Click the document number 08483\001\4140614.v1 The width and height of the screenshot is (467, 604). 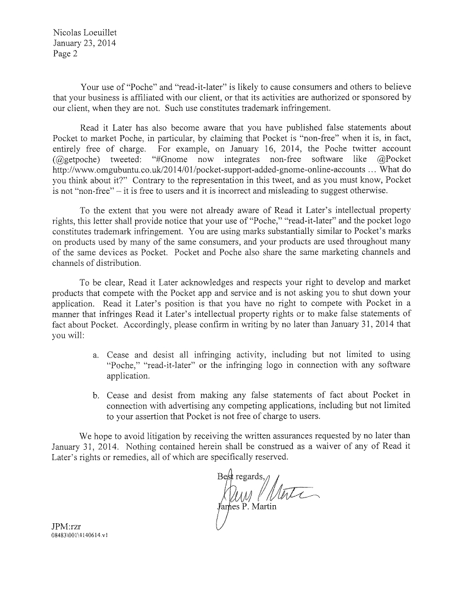click(x=81, y=537)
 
